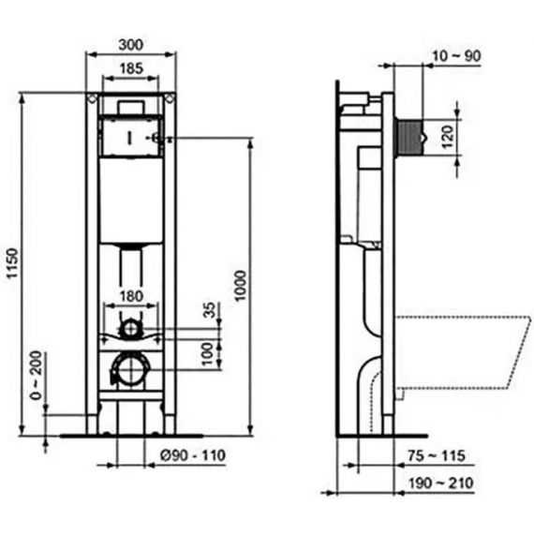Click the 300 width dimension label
(x=131, y=45)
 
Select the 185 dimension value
(x=131, y=68)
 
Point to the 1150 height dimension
(x=12, y=263)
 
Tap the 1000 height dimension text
(x=241, y=286)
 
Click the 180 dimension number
(x=131, y=296)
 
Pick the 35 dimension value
(x=210, y=310)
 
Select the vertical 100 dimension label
(x=208, y=354)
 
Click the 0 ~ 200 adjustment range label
(x=36, y=375)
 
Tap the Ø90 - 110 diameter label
(x=193, y=455)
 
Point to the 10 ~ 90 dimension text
(x=456, y=56)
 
